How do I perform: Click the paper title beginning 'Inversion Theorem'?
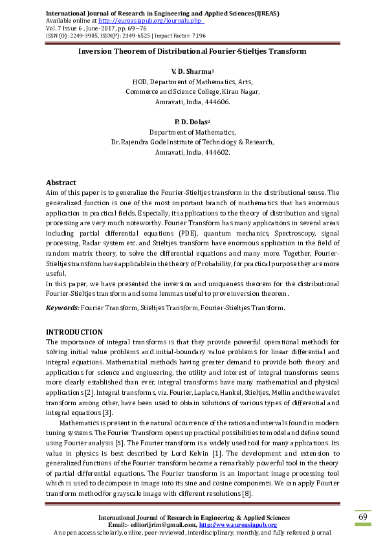[192, 50]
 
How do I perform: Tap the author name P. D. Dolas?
[191, 122]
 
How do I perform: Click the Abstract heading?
[61, 183]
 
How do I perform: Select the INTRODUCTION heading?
[74, 332]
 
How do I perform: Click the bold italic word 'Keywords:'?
[63, 308]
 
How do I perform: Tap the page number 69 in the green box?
[363, 517]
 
